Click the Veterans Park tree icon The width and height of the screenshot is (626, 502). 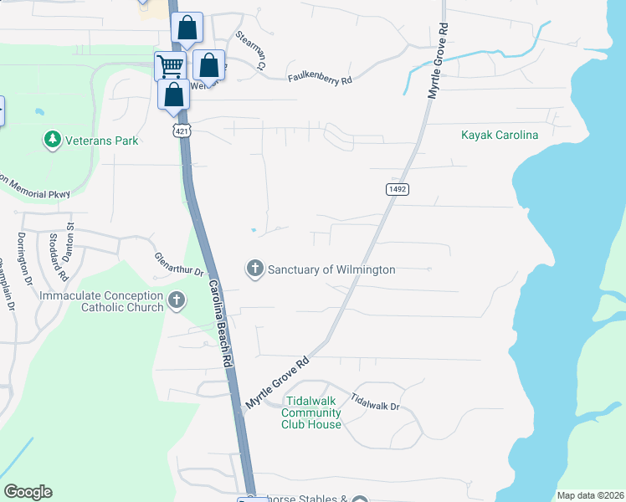[53, 139]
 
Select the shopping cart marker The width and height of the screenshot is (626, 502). [169, 65]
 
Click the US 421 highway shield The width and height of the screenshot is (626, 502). [182, 131]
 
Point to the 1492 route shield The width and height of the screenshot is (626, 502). [398, 190]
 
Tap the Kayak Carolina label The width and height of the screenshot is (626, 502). [500, 135]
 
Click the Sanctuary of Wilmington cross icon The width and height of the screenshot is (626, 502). [254, 269]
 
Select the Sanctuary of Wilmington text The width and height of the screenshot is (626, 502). [331, 269]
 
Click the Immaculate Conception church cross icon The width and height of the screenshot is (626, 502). [176, 300]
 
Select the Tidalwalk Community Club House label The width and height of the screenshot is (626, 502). [311, 412]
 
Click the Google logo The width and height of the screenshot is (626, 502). [28, 491]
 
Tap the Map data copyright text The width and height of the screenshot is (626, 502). [589, 495]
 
